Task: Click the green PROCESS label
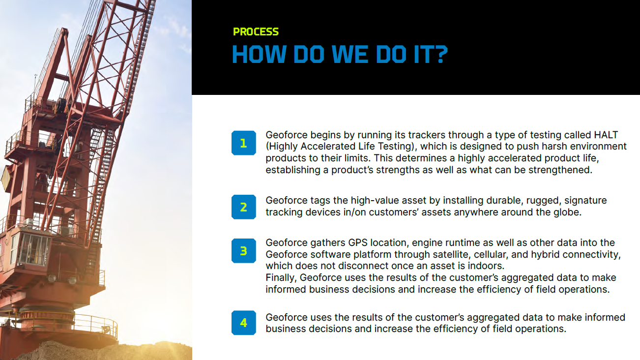click(256, 31)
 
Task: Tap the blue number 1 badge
click(244, 143)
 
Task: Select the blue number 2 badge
click(244, 207)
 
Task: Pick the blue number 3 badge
click(244, 251)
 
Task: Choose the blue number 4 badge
click(244, 323)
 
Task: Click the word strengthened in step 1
click(559, 170)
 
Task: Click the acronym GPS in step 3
click(358, 243)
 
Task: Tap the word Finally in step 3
click(281, 278)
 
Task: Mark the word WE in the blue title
click(349, 54)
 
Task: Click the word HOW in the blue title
click(259, 54)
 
